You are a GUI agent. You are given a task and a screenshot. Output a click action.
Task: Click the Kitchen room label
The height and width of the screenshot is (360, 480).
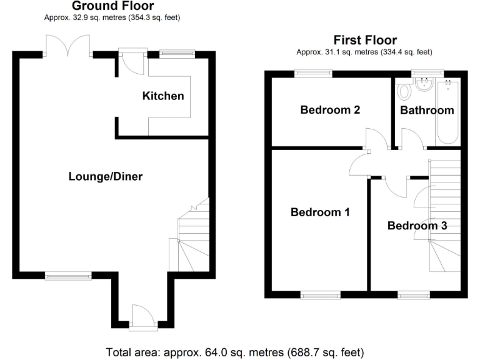coord(163,96)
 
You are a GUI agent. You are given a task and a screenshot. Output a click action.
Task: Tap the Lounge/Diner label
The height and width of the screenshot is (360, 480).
coord(106,177)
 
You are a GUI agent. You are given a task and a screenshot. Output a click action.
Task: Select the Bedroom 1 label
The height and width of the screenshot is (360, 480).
coord(320,212)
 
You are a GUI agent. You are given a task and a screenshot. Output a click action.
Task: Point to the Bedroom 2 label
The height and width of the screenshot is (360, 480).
coord(330,111)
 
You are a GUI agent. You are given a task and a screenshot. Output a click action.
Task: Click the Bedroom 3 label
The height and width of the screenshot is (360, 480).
coord(417,226)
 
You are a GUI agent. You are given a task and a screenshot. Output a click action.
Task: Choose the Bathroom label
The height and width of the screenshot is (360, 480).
coord(427,111)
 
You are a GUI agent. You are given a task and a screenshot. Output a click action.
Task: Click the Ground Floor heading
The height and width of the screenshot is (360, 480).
coord(112,6)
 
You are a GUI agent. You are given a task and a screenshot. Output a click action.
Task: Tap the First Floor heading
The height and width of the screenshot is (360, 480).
coord(365,40)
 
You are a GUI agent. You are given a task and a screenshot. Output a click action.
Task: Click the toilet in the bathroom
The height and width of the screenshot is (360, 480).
coord(404,91)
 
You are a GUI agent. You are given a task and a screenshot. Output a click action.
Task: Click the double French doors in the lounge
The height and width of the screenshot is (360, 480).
coord(69,46)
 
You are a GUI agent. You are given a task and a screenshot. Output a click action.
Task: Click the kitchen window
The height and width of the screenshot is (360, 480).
coord(176,54)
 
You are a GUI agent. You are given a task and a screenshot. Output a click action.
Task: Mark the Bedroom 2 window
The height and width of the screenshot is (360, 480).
coord(314,73)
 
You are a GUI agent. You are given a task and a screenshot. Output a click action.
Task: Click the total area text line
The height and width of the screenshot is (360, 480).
coord(235,351)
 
